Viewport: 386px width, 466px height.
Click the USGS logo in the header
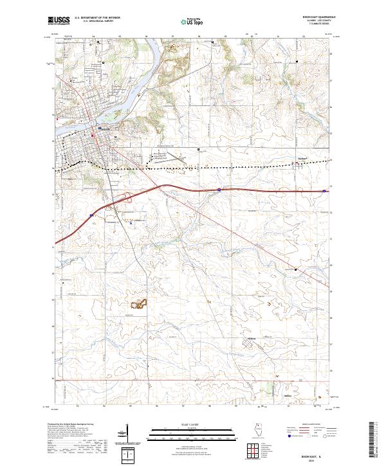pos(60,21)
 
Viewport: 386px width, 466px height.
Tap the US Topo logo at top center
pos(193,22)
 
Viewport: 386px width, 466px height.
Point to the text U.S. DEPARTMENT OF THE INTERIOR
pos(97,18)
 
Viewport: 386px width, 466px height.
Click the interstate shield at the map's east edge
pos(324,190)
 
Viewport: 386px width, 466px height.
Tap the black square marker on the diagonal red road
pos(296,269)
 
